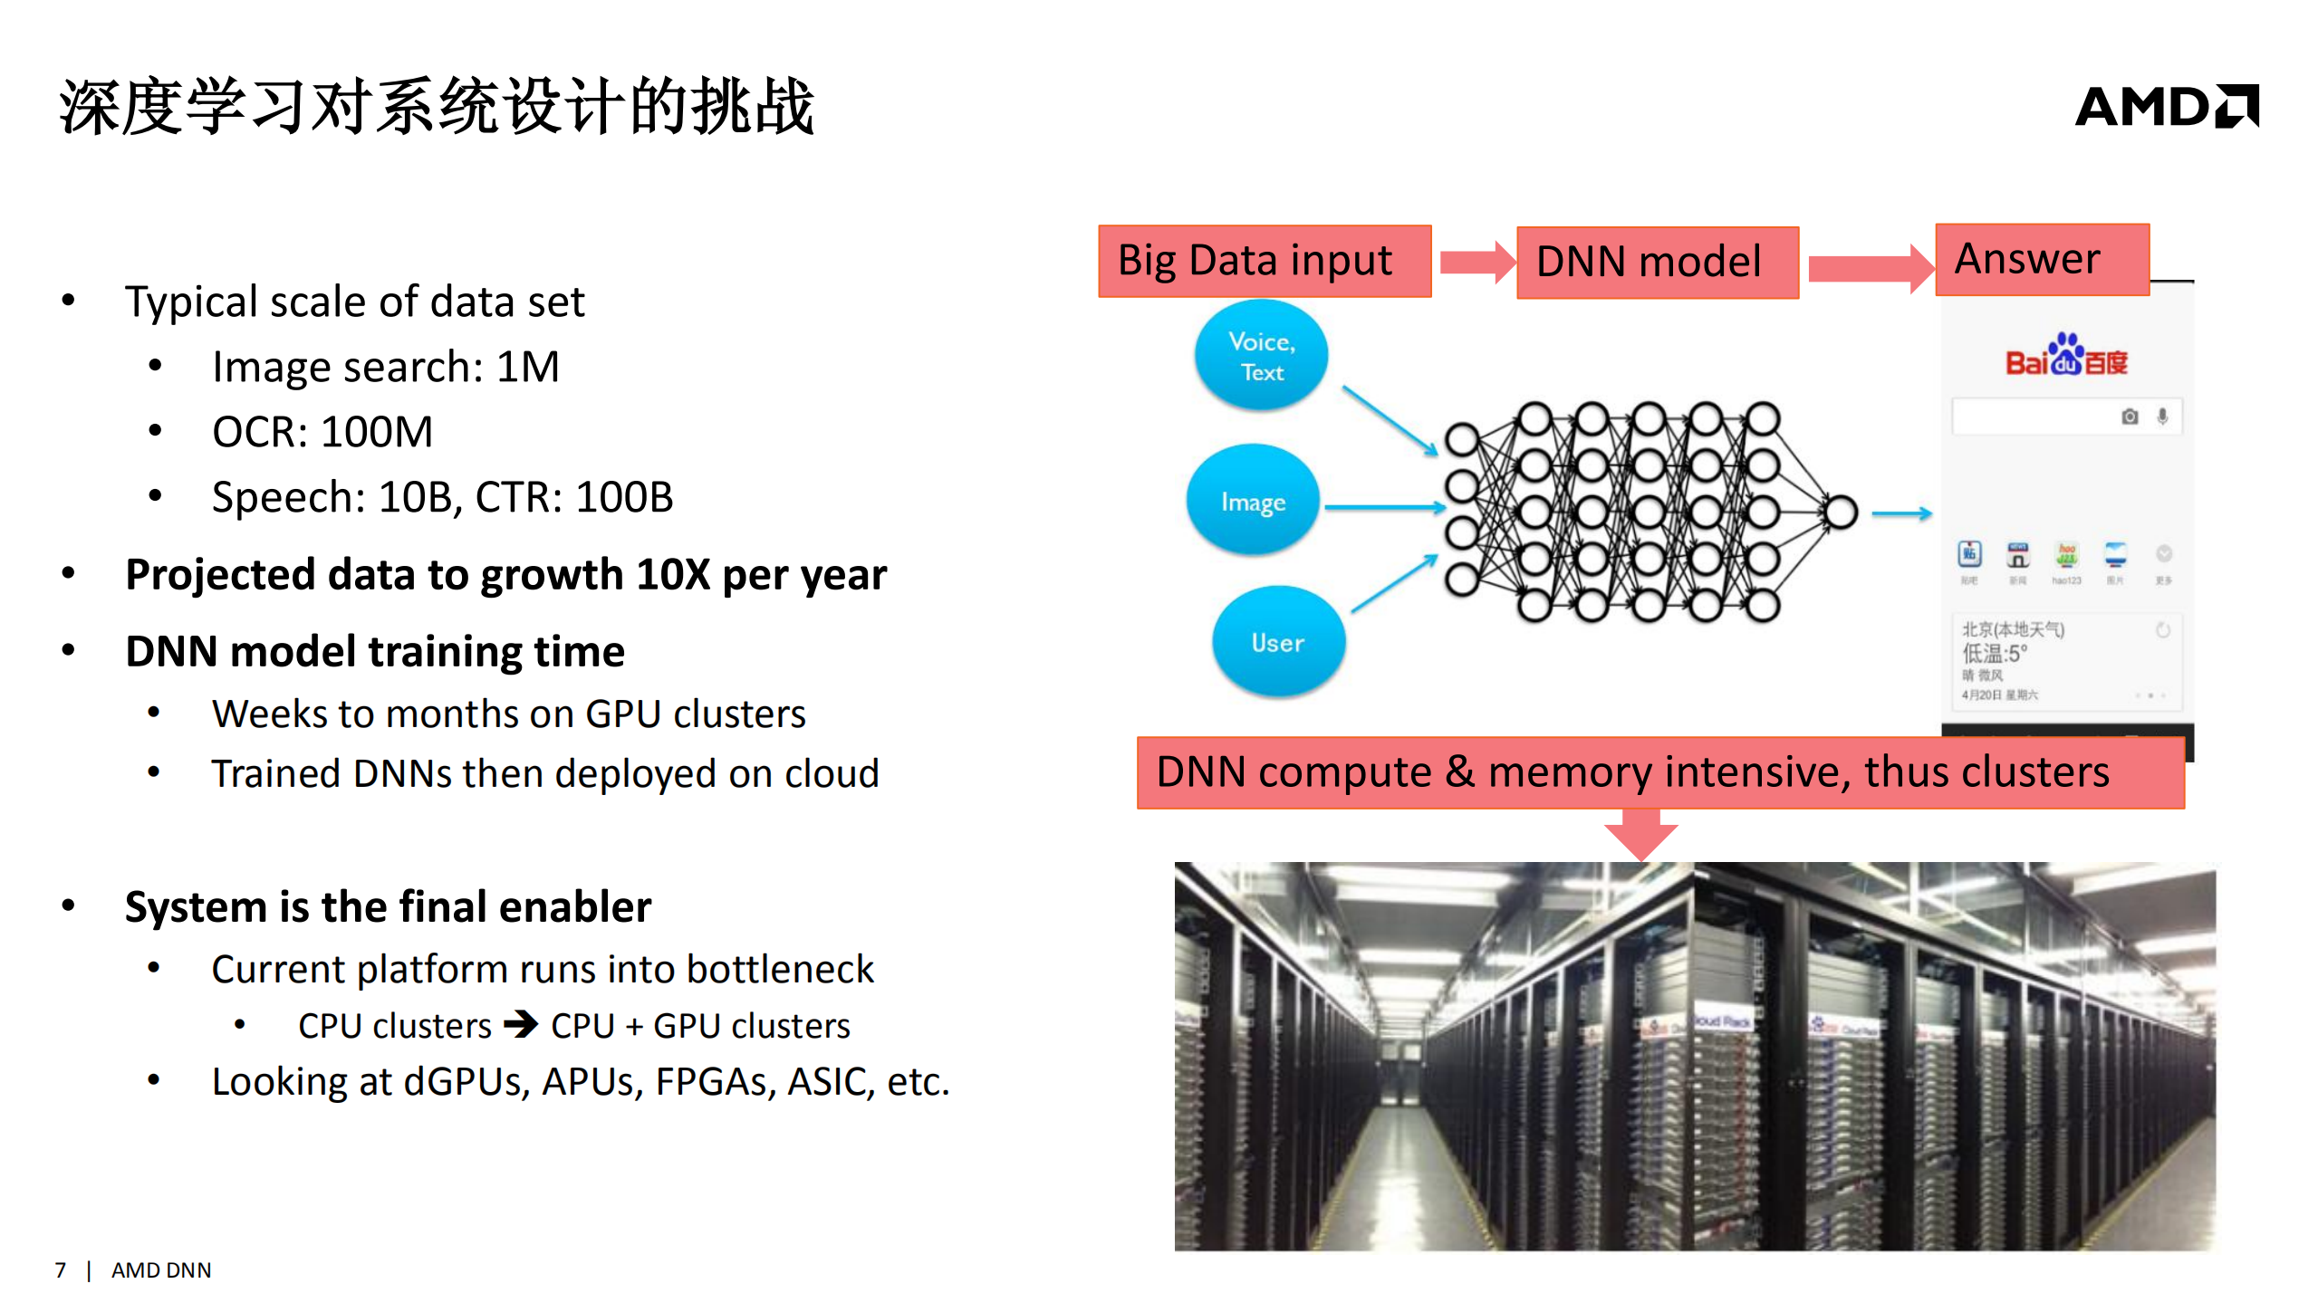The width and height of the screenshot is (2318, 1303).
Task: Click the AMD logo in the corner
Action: pos(2166,107)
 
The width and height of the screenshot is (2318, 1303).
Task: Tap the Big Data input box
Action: pos(1264,261)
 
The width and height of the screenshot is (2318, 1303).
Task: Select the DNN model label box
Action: pos(1657,262)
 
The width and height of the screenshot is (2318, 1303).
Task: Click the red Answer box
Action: pos(2041,259)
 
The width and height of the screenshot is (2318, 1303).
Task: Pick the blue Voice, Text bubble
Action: pos(1261,356)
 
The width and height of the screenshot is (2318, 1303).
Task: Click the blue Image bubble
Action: pos(1253,501)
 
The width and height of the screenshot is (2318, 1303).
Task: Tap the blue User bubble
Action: pos(1277,642)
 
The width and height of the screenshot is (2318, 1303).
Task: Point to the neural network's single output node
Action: pos(1841,512)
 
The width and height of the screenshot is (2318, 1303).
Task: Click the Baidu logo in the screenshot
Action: pos(2065,357)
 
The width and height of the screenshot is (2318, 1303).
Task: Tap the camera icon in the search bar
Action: pos(2130,417)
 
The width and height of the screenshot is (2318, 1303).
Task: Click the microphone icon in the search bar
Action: pos(2162,417)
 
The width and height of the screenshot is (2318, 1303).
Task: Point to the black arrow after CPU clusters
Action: pos(521,1024)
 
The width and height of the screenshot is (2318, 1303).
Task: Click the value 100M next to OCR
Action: pos(377,432)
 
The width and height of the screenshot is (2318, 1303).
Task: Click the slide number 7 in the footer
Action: pos(61,1269)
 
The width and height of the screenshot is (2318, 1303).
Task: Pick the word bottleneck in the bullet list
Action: pos(780,970)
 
